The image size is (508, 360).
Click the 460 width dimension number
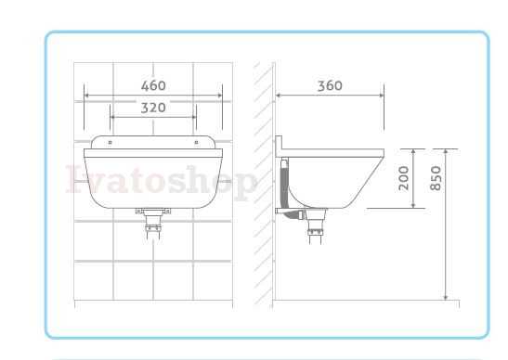[x=153, y=85]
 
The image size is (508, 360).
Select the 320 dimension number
[x=153, y=108]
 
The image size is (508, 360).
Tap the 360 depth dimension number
[x=330, y=85]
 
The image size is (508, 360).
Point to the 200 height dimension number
[x=404, y=178]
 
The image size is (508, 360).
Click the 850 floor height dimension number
[x=436, y=178]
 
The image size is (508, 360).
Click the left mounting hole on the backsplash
[x=111, y=143]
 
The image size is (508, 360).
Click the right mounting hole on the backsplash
[x=196, y=143]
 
